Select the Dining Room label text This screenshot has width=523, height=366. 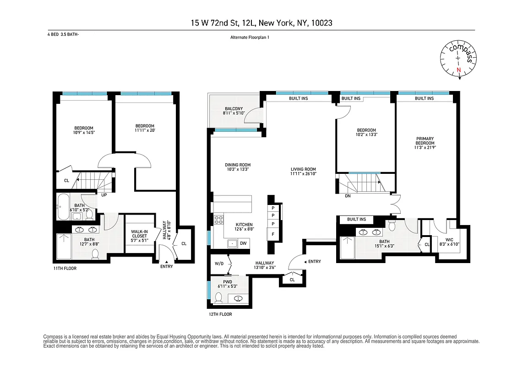coord(238,167)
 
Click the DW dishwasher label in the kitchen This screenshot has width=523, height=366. coord(243,243)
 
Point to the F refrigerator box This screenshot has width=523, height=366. coord(273,234)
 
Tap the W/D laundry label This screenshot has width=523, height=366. coord(219,264)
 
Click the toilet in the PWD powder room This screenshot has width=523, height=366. coord(219,298)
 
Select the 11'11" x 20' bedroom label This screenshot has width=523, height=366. coord(145,129)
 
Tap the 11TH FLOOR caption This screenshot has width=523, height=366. coord(64,269)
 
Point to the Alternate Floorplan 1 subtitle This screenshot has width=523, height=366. coord(250,38)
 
